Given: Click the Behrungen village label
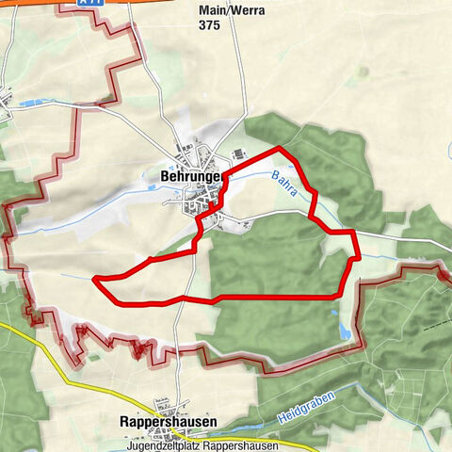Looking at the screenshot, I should [x=190, y=175].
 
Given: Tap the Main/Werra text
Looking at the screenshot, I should [x=231, y=10].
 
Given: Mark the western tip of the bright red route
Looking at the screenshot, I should [x=95, y=279].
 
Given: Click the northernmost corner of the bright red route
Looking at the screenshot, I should [x=279, y=148].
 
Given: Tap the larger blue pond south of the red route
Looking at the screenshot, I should [x=345, y=331].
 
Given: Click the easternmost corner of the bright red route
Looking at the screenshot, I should [x=359, y=257].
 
